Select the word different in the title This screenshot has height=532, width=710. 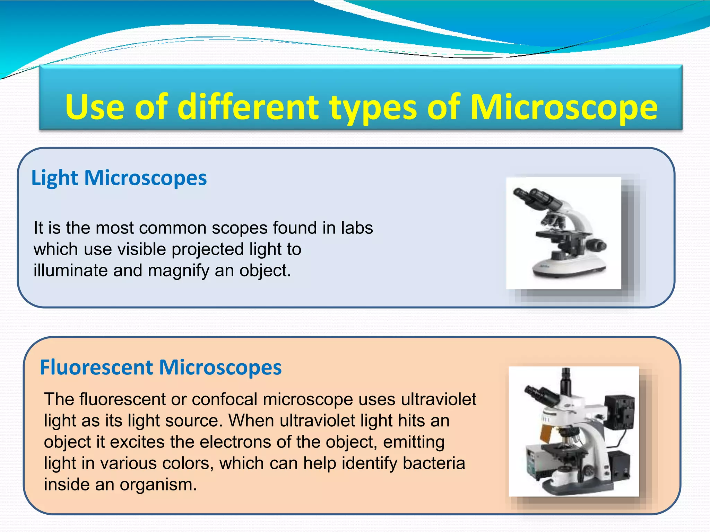coord(248,107)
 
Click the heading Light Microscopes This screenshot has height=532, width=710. coord(119,178)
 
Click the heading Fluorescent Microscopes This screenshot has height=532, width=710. coord(161,367)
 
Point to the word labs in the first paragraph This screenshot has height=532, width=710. coord(357,228)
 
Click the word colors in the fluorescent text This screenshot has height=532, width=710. coord(187,463)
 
